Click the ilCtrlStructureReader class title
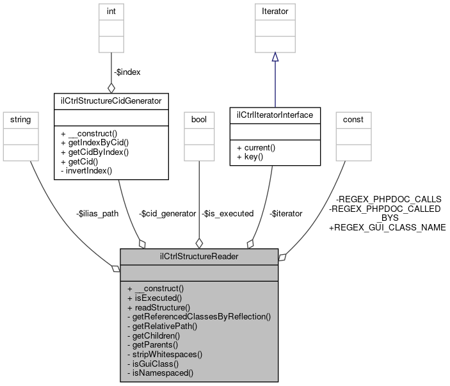point(198,256)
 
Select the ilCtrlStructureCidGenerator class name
point(111,100)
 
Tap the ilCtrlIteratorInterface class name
point(275,115)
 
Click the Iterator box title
point(275,11)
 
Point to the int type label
point(111,11)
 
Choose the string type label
point(21,119)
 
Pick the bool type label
point(199,119)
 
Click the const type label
point(353,119)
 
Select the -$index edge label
point(127,72)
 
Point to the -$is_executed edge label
point(227,213)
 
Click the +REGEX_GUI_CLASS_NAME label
point(387,227)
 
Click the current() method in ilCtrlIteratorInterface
point(259,147)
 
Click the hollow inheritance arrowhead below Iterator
point(275,57)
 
